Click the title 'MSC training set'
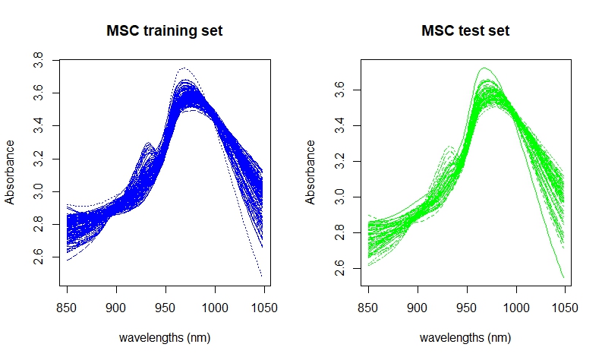click(x=164, y=30)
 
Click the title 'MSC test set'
click(x=465, y=30)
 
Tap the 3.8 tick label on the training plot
click(x=39, y=60)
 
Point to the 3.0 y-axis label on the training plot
click(x=39, y=191)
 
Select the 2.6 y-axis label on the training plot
click(x=39, y=257)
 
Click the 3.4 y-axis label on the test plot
click(x=340, y=125)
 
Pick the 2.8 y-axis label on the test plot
click(x=340, y=233)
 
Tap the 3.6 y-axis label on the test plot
click(x=340, y=90)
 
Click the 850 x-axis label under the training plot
click(x=66, y=308)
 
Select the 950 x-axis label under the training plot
click(x=165, y=308)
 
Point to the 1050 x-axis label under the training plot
click(x=264, y=308)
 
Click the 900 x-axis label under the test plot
click(x=418, y=308)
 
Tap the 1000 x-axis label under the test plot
click(x=516, y=308)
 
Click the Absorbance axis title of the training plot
click(x=10, y=172)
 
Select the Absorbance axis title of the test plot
click(x=310, y=172)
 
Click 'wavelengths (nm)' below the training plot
click(x=165, y=338)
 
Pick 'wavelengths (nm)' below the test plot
click(x=465, y=338)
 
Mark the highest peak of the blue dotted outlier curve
click(x=184, y=68)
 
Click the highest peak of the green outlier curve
click(x=484, y=68)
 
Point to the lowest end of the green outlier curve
click(x=563, y=277)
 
